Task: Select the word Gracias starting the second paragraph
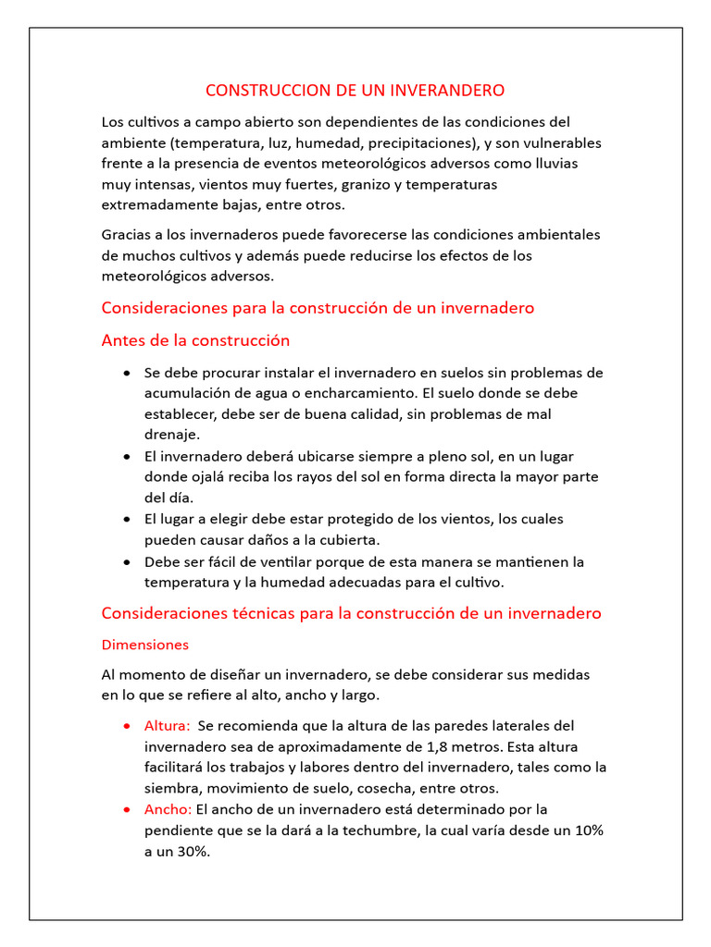[x=128, y=234]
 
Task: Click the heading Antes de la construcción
[x=195, y=340]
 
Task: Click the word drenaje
[x=172, y=434]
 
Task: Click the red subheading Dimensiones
[x=144, y=644]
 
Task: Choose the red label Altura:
[x=168, y=725]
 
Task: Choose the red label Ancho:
[x=168, y=809]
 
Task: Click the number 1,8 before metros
[x=438, y=746]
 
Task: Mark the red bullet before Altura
[x=126, y=726]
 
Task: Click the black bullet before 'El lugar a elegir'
[x=126, y=520]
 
